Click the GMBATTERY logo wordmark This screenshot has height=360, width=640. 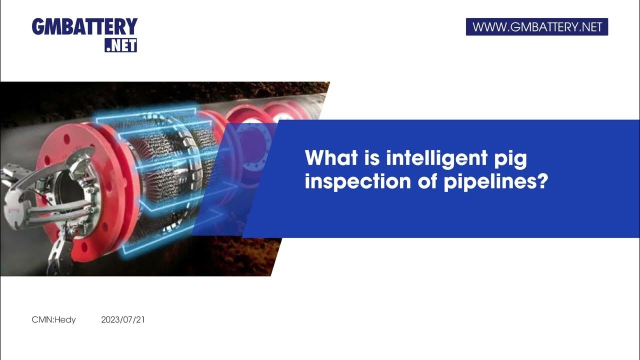84,27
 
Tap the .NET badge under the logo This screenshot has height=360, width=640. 120,45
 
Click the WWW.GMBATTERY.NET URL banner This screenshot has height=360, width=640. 536,27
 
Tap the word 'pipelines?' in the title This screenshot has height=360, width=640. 495,182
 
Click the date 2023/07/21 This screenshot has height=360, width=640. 122,319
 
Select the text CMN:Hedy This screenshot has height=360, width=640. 53,319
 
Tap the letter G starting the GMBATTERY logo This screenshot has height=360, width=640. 38,27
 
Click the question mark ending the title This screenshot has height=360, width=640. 542,182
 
